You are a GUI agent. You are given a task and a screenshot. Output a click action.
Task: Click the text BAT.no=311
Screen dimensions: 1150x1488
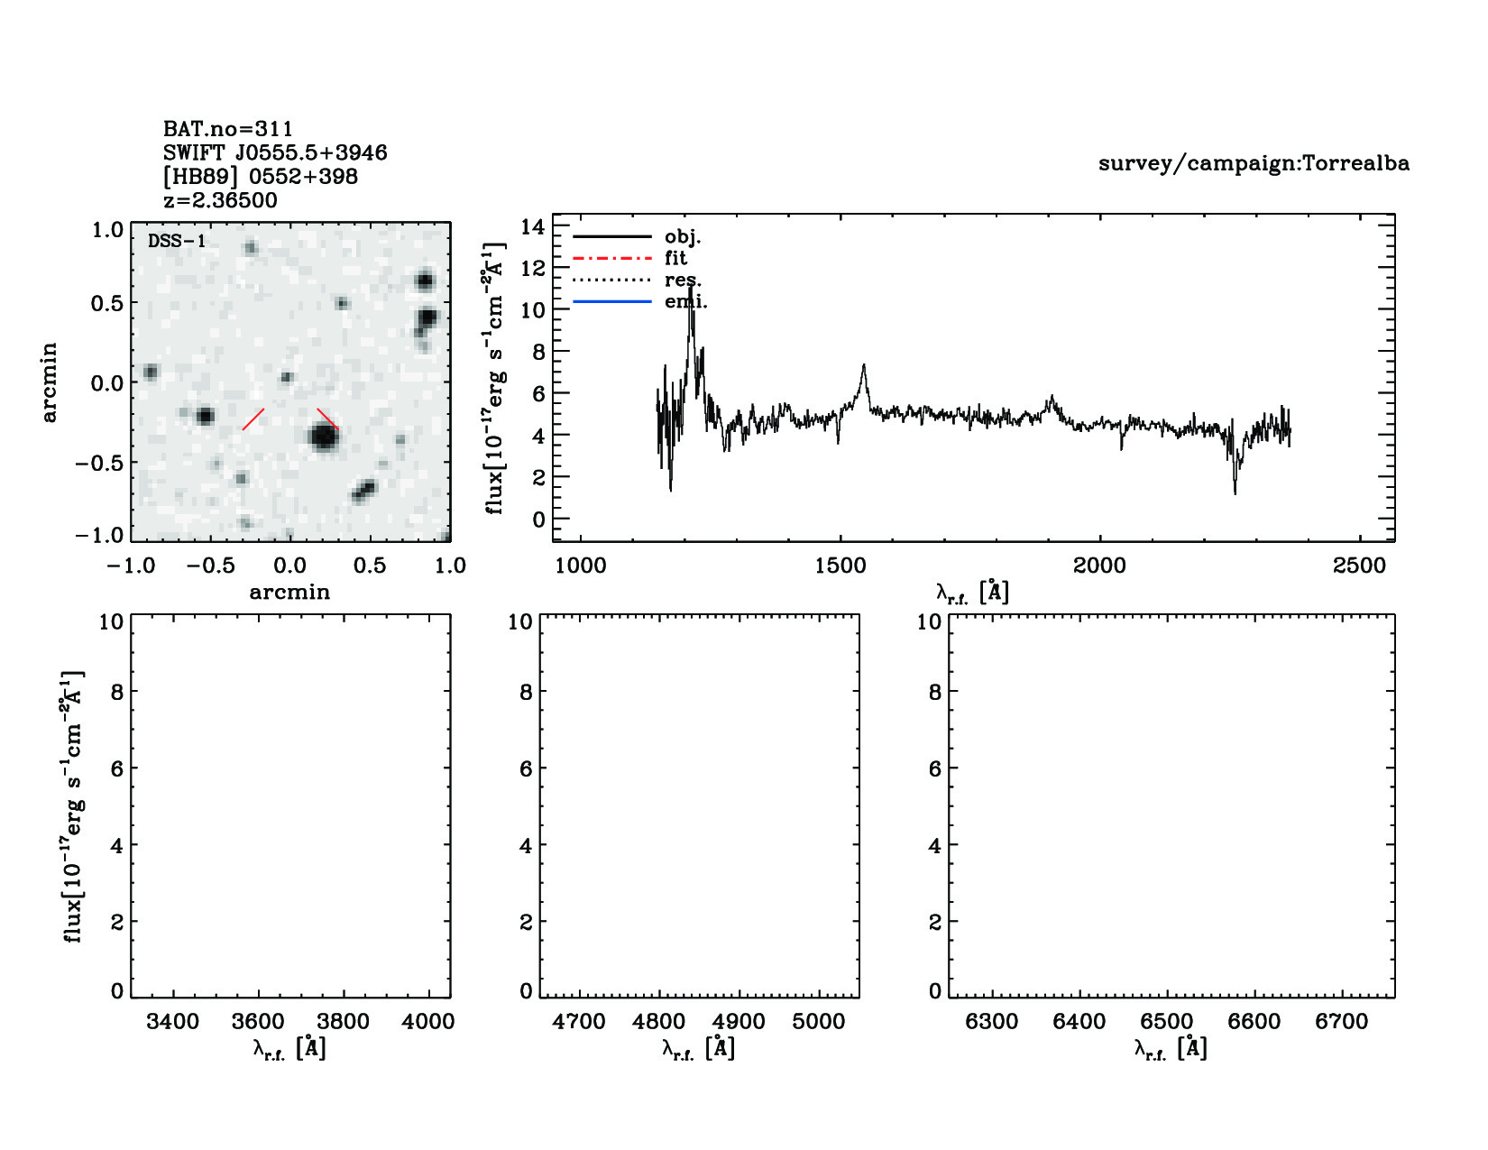point(227,129)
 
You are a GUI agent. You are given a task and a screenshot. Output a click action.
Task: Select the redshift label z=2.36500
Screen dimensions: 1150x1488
point(220,200)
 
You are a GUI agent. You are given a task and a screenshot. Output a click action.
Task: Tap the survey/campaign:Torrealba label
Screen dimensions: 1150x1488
point(1254,163)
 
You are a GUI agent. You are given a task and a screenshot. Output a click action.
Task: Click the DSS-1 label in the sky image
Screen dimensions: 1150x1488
point(177,242)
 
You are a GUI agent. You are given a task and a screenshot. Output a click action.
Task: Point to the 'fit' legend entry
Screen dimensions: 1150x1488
point(675,259)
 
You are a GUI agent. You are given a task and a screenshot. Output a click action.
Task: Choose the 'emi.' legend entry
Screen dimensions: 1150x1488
point(685,302)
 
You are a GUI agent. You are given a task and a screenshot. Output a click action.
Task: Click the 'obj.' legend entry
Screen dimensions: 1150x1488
point(682,237)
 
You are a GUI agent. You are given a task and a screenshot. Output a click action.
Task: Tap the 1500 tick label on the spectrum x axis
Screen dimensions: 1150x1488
point(840,566)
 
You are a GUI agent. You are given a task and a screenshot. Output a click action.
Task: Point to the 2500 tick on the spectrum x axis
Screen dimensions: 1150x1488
point(1359,566)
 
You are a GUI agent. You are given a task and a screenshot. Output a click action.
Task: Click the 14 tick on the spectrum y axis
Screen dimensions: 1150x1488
point(533,227)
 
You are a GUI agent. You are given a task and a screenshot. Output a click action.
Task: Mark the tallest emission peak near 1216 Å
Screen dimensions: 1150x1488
point(692,289)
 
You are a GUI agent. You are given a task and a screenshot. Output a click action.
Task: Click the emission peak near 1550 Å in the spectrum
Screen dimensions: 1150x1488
point(863,366)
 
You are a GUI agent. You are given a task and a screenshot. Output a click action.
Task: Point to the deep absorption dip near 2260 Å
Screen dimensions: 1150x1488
point(1235,492)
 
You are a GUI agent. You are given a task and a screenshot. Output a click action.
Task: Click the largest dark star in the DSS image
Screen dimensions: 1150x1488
point(323,437)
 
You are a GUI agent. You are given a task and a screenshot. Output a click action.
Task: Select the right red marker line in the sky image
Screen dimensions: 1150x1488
point(327,419)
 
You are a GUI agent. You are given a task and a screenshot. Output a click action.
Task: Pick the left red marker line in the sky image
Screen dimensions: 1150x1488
point(253,419)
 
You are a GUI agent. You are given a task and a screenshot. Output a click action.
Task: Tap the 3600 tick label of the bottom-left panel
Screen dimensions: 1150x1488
point(258,1022)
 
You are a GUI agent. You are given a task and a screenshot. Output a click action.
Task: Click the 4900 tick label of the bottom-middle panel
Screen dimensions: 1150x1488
point(739,1022)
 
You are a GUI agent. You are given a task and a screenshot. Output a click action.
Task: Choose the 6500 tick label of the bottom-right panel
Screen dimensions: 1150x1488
point(1167,1022)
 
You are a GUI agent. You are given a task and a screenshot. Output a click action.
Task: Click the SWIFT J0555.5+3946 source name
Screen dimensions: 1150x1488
point(275,152)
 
